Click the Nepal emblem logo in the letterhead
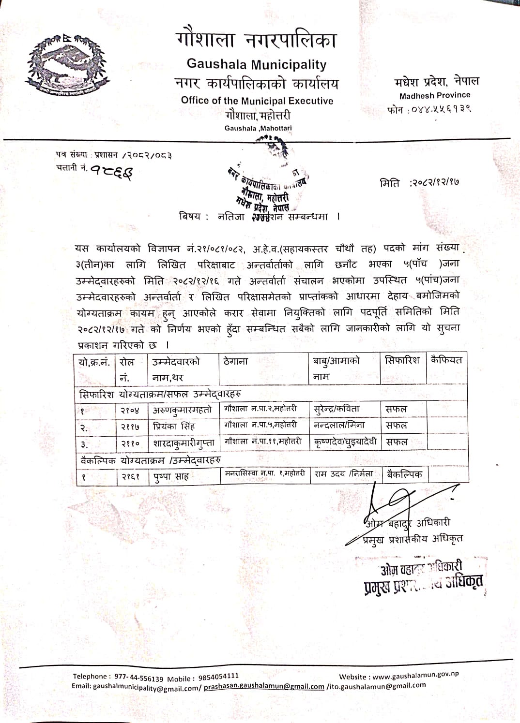[66, 64]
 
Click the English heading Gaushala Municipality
[257, 64]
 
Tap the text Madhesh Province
[435, 95]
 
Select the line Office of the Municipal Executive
[257, 101]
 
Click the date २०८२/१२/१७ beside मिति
[434, 183]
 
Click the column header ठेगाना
[236, 361]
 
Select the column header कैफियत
[446, 360]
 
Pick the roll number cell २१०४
[130, 411]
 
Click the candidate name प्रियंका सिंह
[174, 427]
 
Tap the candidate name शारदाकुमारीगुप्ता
[184, 443]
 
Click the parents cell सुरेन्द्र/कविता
[337, 409]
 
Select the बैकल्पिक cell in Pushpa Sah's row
[405, 474]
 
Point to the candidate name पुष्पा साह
[171, 477]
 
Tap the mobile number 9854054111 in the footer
[217, 676]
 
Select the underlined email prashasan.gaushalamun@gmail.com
[264, 686]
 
